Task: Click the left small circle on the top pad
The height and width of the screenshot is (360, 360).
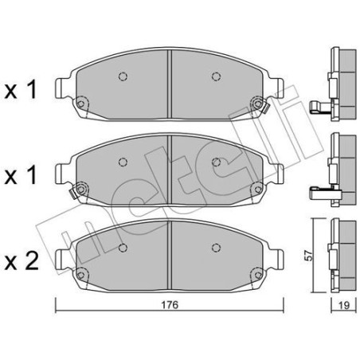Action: pos(123,77)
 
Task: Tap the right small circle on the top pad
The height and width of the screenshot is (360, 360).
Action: pos(215,77)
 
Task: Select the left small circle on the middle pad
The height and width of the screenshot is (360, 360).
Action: pos(123,162)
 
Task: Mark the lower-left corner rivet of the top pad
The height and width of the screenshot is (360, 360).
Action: pos(81,102)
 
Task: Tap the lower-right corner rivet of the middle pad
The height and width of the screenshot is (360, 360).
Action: pos(257,187)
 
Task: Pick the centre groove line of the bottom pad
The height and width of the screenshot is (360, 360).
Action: pos(170,251)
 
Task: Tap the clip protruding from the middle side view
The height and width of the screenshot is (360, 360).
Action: pos(317,191)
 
